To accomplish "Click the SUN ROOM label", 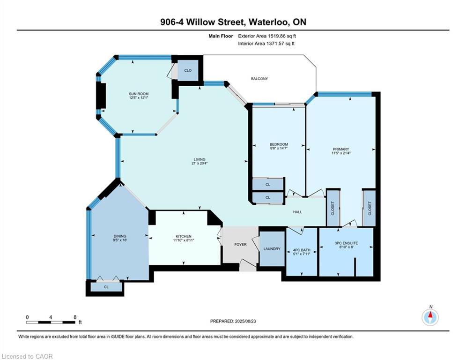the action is pyautogui.click(x=139, y=94).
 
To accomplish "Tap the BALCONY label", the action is pyautogui.click(x=259, y=79).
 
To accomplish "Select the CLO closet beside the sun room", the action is pyautogui.click(x=188, y=70).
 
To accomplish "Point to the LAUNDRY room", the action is pyautogui.click(x=272, y=249).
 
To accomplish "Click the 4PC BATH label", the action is pyautogui.click(x=302, y=250).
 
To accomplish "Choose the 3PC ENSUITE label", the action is pyautogui.click(x=346, y=243).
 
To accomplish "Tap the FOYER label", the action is pyautogui.click(x=240, y=245).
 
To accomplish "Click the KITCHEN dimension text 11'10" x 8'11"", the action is pyautogui.click(x=184, y=240).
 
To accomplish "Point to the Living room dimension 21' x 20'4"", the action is pyautogui.click(x=200, y=163).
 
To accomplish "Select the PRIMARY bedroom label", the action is pyautogui.click(x=341, y=149).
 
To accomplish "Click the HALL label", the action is pyautogui.click(x=297, y=212).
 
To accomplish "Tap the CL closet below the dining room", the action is pyautogui.click(x=106, y=287).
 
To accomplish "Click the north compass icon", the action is pyautogui.click(x=430, y=317).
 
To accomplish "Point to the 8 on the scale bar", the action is pyautogui.click(x=75, y=317).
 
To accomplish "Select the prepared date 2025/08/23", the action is pyautogui.click(x=245, y=321).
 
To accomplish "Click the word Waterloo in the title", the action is pyautogui.click(x=268, y=22).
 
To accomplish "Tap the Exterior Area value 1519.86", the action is pyautogui.click(x=277, y=36).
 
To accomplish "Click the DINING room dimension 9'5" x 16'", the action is pyautogui.click(x=120, y=240).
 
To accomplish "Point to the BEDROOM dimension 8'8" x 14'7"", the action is pyautogui.click(x=279, y=148).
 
